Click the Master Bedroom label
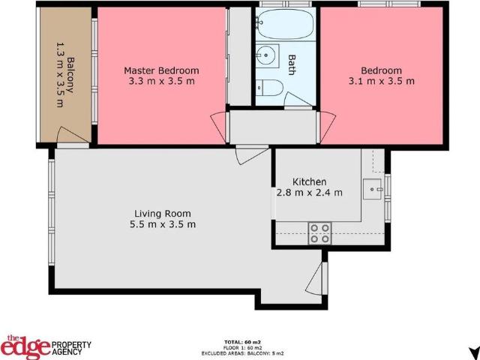[x=161, y=70]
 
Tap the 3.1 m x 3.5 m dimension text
[x=382, y=82]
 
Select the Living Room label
[x=163, y=213]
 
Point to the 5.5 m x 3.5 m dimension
[x=163, y=224]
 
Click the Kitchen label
[x=309, y=181]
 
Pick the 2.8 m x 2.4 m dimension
[x=309, y=193]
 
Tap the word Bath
[x=292, y=65]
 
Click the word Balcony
[x=70, y=75]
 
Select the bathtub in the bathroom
[x=285, y=24]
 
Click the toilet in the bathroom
[x=268, y=88]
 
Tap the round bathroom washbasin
[x=265, y=55]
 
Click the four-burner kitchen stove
[x=320, y=233]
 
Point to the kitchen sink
[x=372, y=190]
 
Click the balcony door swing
[x=73, y=135]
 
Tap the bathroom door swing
[x=298, y=100]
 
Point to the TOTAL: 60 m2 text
[x=242, y=342]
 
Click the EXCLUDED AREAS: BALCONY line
[x=242, y=353]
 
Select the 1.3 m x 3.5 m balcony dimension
[x=60, y=75]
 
